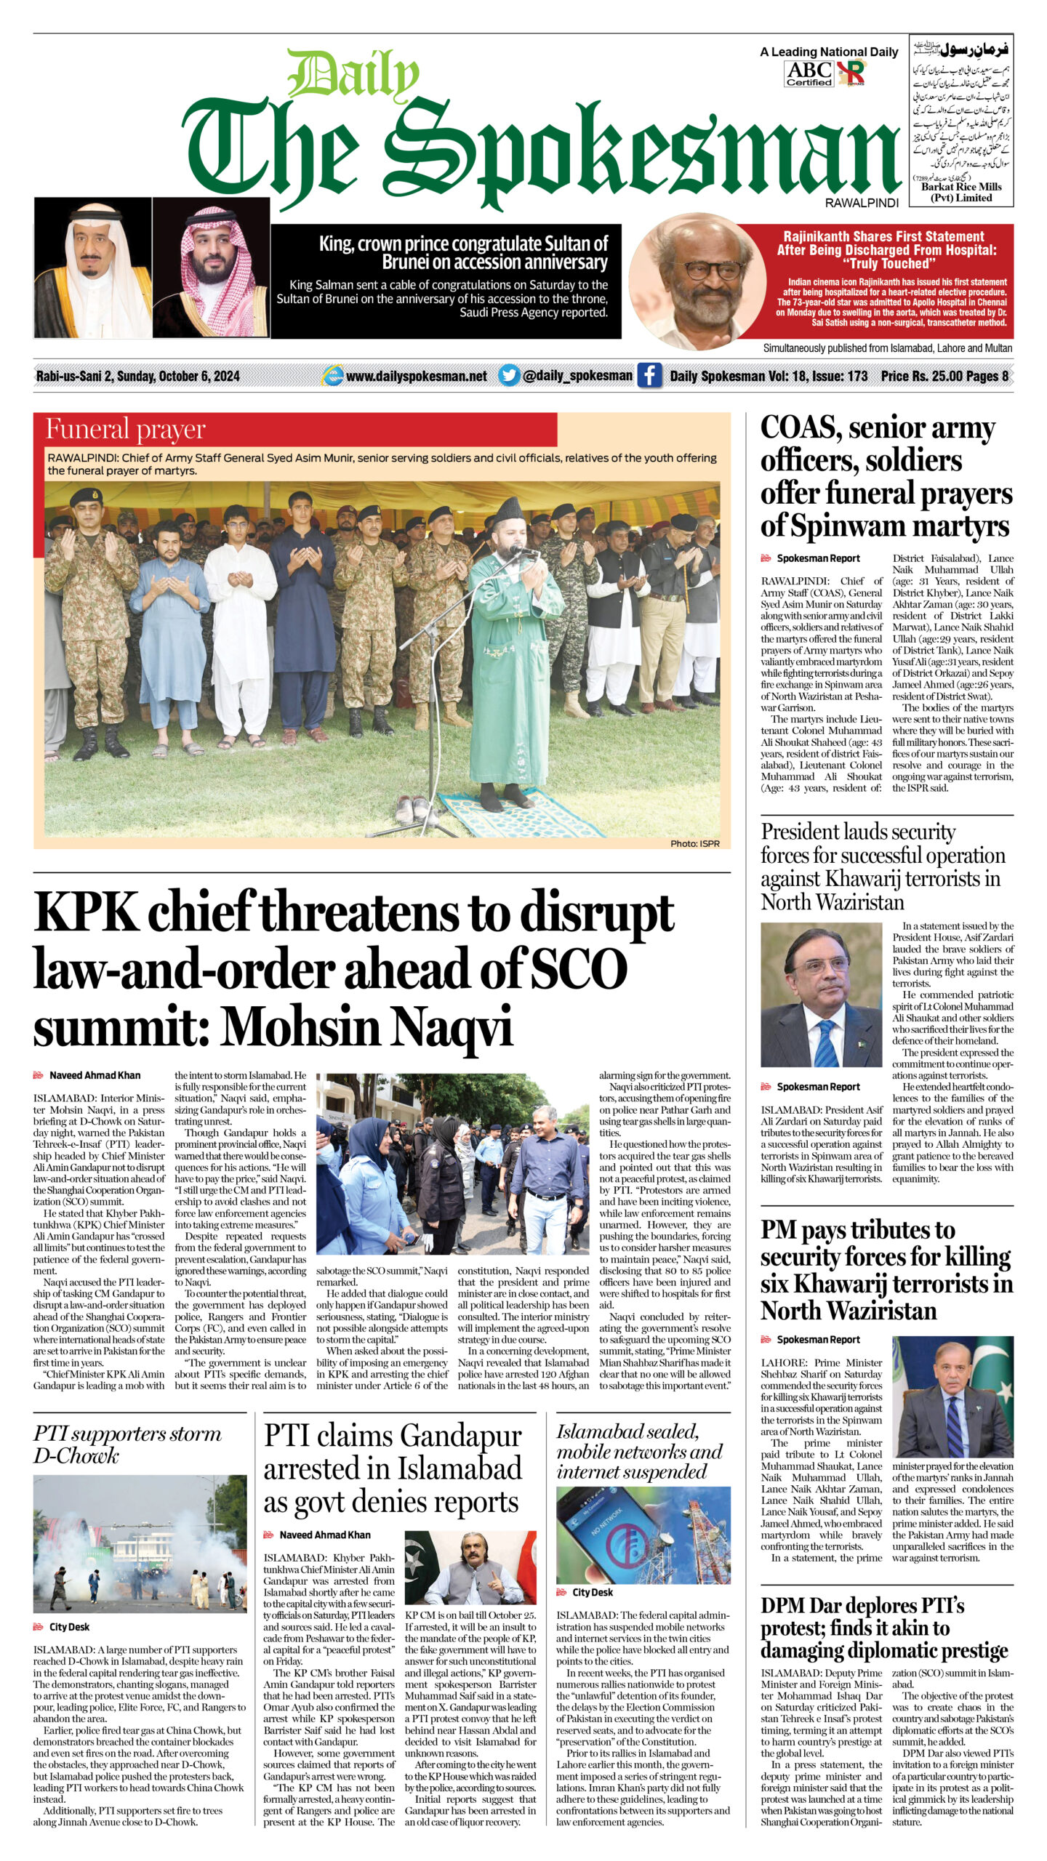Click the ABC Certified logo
[x=809, y=73]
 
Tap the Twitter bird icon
[x=509, y=375]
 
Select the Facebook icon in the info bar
[x=649, y=375]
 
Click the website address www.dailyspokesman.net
[x=416, y=376]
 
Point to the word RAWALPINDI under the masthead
[x=862, y=204]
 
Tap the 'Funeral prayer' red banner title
[x=125, y=430]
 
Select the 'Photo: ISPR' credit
[x=694, y=843]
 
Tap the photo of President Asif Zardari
[x=821, y=995]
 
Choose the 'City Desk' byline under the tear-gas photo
[x=69, y=1627]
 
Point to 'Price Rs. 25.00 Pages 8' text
[x=944, y=376]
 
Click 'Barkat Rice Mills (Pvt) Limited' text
[x=960, y=193]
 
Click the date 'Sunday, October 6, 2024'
[x=178, y=376]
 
